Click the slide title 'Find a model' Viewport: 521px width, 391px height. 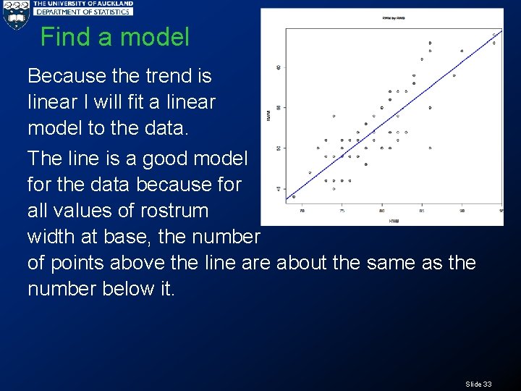114,37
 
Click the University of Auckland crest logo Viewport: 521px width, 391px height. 15,15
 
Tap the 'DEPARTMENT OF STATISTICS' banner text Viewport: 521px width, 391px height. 83,12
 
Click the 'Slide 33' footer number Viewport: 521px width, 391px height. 478,383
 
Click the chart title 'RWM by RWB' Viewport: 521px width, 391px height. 394,17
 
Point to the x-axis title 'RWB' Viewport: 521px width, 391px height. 394,220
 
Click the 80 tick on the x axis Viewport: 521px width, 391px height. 382,211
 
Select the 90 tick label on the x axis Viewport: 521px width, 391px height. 462,211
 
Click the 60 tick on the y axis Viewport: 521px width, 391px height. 279,67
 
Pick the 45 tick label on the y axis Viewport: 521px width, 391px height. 279,189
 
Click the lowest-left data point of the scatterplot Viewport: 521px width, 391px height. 294,196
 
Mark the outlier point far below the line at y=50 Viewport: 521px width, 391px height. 430,148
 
